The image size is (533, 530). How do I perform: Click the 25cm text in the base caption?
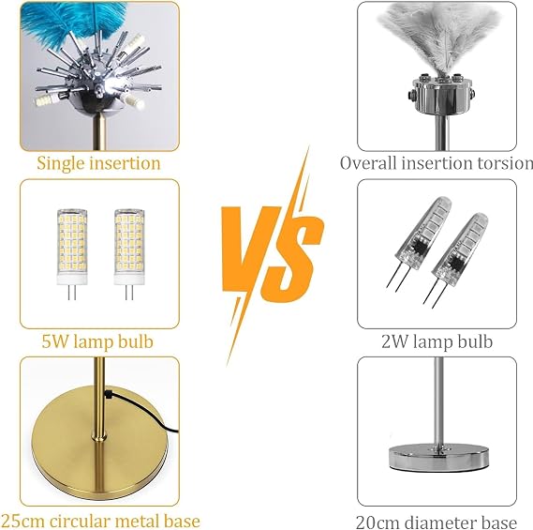[22, 522]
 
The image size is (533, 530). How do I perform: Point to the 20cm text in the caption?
[378, 522]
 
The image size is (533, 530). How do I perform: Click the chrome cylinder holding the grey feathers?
[440, 96]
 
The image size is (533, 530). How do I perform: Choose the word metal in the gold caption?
[135, 522]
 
